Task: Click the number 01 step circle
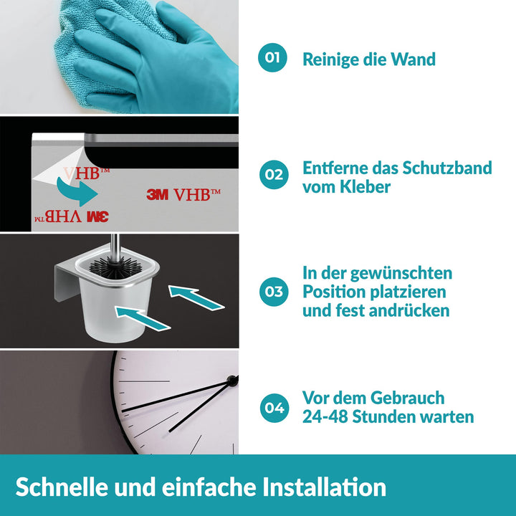tap(272, 57)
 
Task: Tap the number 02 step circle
tap(274, 174)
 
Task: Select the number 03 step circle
tap(274, 292)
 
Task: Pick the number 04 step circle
tap(274, 408)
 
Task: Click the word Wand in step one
tap(413, 59)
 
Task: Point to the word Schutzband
tap(447, 168)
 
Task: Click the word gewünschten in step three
tap(401, 274)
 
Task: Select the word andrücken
tap(409, 310)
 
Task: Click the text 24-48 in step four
tap(325, 416)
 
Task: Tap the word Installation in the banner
tap(324, 487)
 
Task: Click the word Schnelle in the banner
tap(62, 487)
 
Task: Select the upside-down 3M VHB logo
tap(72, 216)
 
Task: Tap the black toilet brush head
tap(115, 267)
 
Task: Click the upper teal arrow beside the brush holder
tap(196, 297)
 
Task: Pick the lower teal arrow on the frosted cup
tap(143, 318)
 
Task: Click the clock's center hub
tap(232, 381)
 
